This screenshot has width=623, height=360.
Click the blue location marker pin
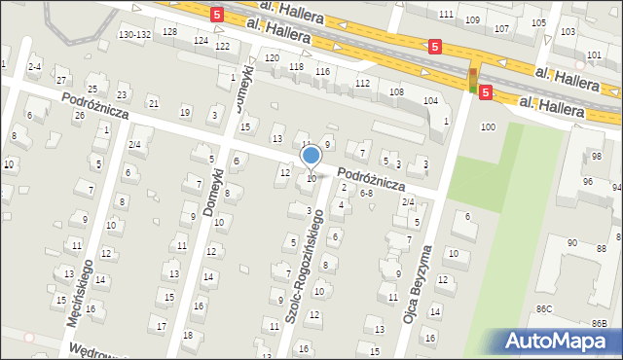tap(311, 156)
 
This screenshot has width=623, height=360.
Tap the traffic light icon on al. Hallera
tap(474, 79)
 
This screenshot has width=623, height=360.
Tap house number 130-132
tap(133, 34)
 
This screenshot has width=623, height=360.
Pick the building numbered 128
tap(170, 32)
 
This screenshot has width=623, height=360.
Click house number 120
tap(272, 58)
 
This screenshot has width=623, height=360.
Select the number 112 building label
tap(362, 84)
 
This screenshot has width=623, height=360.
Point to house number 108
tap(396, 91)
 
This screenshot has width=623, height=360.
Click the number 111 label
tap(446, 14)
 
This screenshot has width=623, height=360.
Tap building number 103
tap(568, 32)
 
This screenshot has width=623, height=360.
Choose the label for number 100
tap(488, 127)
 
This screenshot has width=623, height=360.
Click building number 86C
tap(543, 308)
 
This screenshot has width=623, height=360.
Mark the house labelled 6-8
tap(367, 194)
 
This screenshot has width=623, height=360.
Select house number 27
tap(61, 79)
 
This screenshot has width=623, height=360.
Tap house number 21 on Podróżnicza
tap(153, 103)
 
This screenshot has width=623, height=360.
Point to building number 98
tap(597, 157)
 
